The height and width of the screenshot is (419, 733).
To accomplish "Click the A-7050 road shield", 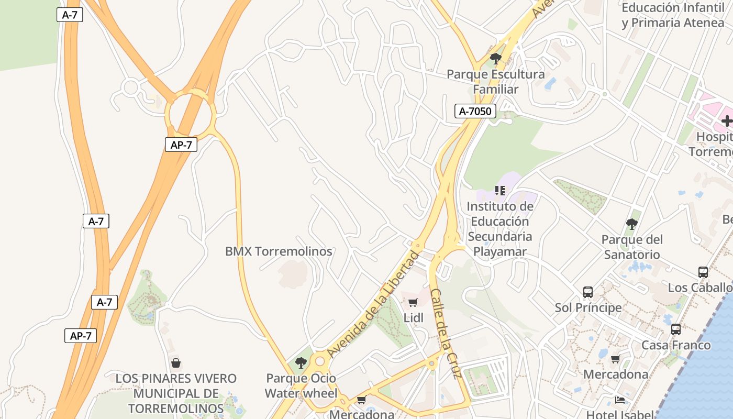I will (x=475, y=111).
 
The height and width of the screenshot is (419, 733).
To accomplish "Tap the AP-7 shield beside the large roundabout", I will (x=181, y=145).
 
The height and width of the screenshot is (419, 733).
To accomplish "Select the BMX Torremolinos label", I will (x=279, y=251).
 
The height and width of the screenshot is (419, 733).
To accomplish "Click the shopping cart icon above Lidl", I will (x=413, y=302).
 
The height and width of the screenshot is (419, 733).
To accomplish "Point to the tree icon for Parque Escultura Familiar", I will (x=495, y=58).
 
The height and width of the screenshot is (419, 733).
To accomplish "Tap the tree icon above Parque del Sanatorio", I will (x=632, y=224).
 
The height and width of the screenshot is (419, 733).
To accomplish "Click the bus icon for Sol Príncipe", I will (x=588, y=292).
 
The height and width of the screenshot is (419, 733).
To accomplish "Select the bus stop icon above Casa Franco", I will (x=676, y=329).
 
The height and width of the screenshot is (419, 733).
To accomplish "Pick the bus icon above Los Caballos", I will (x=703, y=272).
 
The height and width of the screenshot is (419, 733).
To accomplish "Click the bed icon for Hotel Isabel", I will (x=619, y=400).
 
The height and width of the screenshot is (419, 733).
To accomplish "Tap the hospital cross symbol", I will (x=727, y=121).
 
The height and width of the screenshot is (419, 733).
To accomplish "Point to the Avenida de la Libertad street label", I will (x=372, y=304).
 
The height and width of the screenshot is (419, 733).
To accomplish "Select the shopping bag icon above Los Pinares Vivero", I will (x=176, y=363).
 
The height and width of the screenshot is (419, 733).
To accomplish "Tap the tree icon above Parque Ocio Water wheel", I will (x=301, y=362).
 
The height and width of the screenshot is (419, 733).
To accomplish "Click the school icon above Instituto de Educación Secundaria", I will (x=500, y=191).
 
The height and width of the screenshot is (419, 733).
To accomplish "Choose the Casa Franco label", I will (x=676, y=345).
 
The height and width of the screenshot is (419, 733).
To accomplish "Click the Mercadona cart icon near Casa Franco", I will (x=615, y=359).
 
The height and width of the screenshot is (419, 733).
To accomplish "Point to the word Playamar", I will (x=499, y=251).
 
